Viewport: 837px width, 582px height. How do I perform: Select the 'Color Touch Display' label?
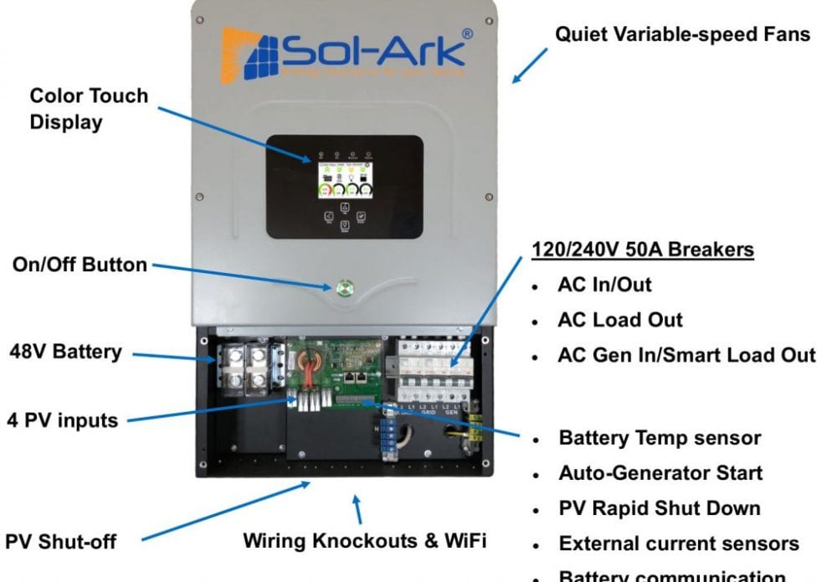point(89,108)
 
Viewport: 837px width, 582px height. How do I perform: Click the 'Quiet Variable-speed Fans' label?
point(682,35)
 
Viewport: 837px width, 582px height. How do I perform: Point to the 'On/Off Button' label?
point(80,265)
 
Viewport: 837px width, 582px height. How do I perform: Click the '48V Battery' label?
point(65,351)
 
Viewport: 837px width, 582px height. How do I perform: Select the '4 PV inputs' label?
point(64,420)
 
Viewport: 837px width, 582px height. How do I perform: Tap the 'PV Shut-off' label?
point(61,541)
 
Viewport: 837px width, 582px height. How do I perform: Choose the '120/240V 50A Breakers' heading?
point(643,250)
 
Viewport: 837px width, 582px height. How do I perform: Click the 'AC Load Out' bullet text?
point(620,319)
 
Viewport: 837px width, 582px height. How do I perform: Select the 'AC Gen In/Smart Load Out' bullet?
point(686,354)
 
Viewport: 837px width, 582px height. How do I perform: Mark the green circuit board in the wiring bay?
point(335,368)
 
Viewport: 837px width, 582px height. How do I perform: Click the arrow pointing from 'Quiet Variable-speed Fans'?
point(530,64)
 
